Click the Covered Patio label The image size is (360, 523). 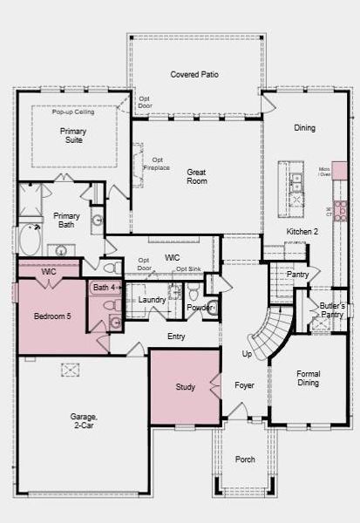[194, 75]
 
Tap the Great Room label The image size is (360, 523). [197, 177]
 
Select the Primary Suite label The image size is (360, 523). [73, 135]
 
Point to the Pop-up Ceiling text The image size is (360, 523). [72, 112]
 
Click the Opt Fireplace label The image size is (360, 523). [158, 164]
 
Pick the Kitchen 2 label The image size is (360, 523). [302, 231]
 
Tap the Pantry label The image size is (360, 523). [298, 274]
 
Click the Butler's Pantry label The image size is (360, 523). [332, 310]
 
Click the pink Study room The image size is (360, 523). [184, 386]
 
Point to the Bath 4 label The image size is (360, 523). [104, 287]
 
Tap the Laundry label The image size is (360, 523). [153, 300]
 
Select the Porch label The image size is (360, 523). [245, 458]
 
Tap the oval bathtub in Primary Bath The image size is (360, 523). [30, 239]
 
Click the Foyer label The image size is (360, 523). [245, 384]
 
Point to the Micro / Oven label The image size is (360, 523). [324, 172]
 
